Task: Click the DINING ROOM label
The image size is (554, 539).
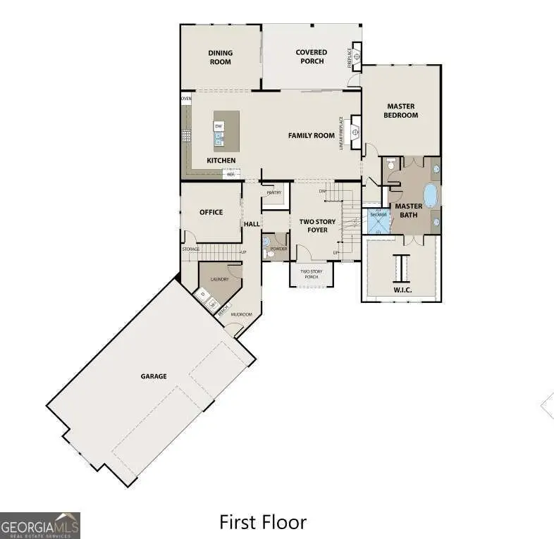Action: pyautogui.click(x=220, y=57)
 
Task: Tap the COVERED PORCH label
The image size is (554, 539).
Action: pyautogui.click(x=311, y=56)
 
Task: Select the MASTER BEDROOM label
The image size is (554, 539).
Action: pyautogui.click(x=401, y=111)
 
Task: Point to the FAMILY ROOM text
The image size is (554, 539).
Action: pyautogui.click(x=311, y=135)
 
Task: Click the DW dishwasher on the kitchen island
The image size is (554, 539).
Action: pyautogui.click(x=219, y=126)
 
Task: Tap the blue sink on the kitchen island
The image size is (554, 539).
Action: pyautogui.click(x=219, y=140)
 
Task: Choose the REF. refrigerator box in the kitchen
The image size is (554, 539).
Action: pyautogui.click(x=231, y=173)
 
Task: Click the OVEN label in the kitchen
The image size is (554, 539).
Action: pyautogui.click(x=186, y=99)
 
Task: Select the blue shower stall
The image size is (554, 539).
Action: pyautogui.click(x=378, y=221)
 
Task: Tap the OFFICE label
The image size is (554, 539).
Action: pyautogui.click(x=211, y=212)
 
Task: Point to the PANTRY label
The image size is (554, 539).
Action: pyautogui.click(x=274, y=192)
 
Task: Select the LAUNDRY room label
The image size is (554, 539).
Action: pyautogui.click(x=219, y=279)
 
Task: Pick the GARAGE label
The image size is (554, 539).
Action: pyautogui.click(x=154, y=376)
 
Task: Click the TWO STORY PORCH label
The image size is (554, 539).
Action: pyautogui.click(x=311, y=273)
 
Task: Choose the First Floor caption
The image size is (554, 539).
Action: pyautogui.click(x=263, y=522)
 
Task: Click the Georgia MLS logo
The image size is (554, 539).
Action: pyautogui.click(x=40, y=525)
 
